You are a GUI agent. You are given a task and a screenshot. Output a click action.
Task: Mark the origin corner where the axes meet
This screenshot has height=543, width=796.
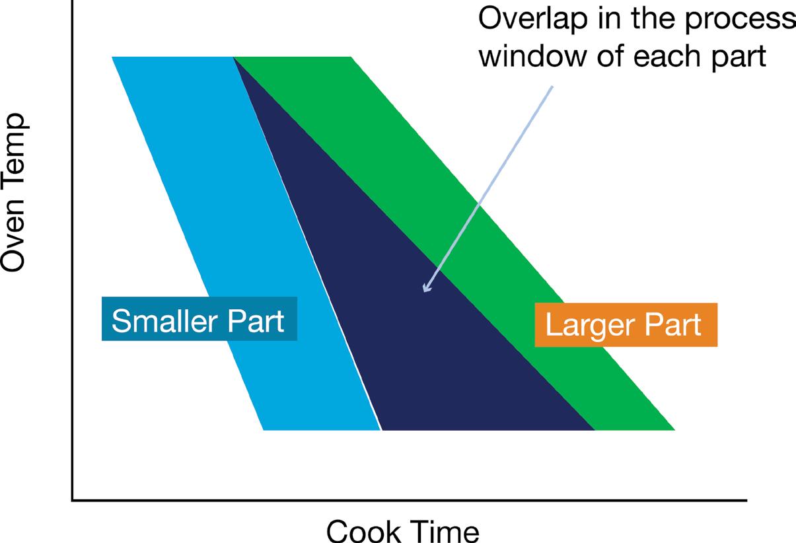click(x=72, y=500)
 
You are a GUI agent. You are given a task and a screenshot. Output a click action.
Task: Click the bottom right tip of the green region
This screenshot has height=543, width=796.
click(x=673, y=429)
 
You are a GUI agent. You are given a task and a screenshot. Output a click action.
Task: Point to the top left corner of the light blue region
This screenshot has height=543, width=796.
click(x=114, y=58)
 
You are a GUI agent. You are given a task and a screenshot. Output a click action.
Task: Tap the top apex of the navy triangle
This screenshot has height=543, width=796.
click(x=235, y=59)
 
